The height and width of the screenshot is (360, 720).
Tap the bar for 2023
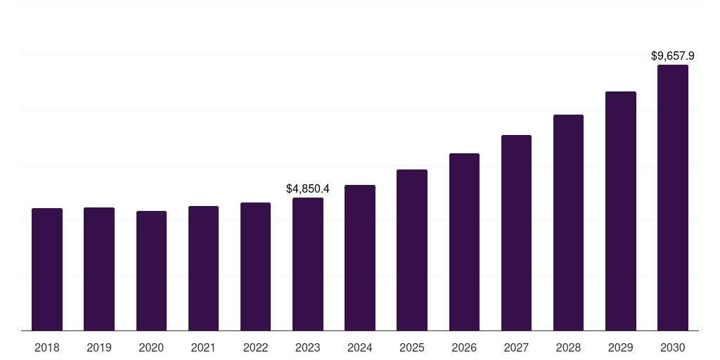pyautogui.click(x=308, y=264)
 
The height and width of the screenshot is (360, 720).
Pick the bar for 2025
pyautogui.click(x=412, y=250)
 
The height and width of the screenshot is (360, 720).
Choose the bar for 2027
pyautogui.click(x=516, y=233)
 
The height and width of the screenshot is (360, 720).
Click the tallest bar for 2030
pyautogui.click(x=673, y=198)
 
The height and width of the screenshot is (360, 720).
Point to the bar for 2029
pyautogui.click(x=621, y=211)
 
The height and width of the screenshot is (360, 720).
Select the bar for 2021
pyautogui.click(x=203, y=269)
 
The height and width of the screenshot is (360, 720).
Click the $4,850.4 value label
pyautogui.click(x=308, y=188)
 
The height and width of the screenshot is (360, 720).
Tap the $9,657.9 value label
pyautogui.click(x=673, y=56)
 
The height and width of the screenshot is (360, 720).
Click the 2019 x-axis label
pyautogui.click(x=99, y=347)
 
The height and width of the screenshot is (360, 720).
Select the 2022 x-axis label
pyautogui.click(x=256, y=347)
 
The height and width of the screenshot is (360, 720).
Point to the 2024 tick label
pyautogui.click(x=360, y=347)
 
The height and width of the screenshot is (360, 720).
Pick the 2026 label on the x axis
pyautogui.click(x=464, y=347)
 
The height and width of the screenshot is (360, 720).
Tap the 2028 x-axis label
pyautogui.click(x=568, y=347)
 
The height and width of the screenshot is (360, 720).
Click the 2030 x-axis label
pyautogui.click(x=673, y=347)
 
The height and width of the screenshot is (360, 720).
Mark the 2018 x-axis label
pyautogui.click(x=47, y=347)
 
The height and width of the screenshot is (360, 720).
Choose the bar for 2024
pyautogui.click(x=360, y=258)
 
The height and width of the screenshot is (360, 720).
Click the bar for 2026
pyautogui.click(x=464, y=242)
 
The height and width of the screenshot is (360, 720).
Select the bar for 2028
pyautogui.click(x=568, y=223)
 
